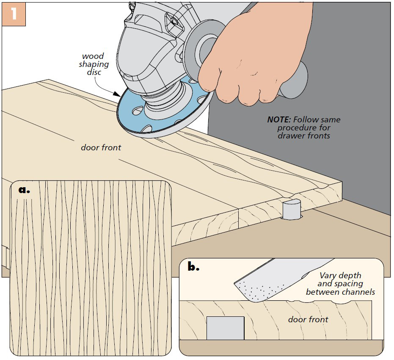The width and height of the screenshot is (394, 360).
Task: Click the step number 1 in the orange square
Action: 14,14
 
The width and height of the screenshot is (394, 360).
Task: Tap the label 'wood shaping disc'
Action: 93,64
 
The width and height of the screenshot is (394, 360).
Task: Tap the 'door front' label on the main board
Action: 101,147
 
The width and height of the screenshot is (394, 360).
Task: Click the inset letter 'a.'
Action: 25,190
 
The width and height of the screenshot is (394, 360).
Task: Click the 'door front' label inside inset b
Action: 308,319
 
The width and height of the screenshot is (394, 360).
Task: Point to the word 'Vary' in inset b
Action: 328,276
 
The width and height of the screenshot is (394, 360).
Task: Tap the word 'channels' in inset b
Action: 360,292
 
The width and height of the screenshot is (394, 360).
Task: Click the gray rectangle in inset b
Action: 225,328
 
